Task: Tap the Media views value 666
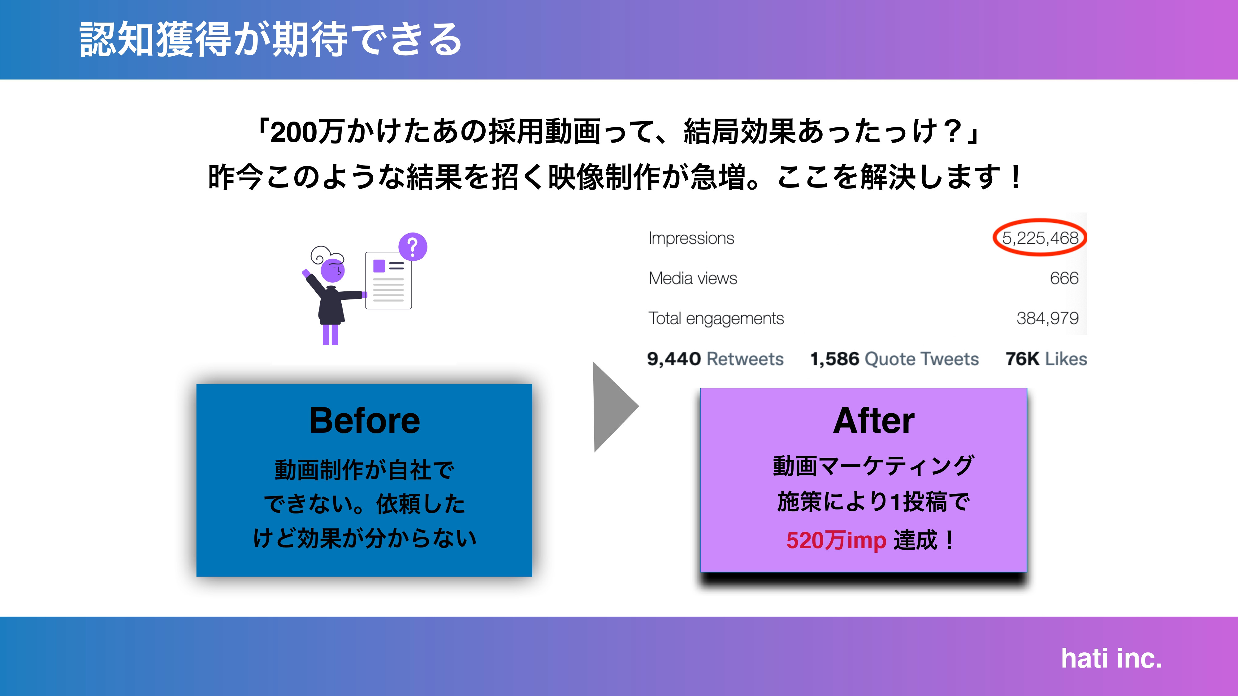click(x=1064, y=278)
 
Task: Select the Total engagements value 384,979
click(x=1047, y=318)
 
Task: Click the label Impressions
click(x=691, y=238)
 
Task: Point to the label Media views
click(x=693, y=278)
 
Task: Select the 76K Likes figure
click(x=1046, y=359)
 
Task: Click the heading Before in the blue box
click(x=364, y=421)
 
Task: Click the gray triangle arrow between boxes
click(x=613, y=407)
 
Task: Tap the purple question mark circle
click(x=412, y=247)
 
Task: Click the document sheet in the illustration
click(x=388, y=281)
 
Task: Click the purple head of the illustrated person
click(x=333, y=270)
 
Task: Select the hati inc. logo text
click(x=1111, y=659)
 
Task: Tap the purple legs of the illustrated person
click(x=330, y=334)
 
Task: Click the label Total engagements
click(x=716, y=318)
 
